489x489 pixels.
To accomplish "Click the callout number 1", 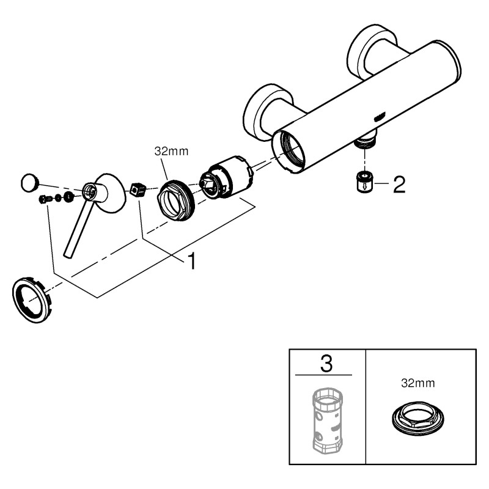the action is pyautogui.click(x=192, y=261).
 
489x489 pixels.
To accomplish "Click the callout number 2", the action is pyautogui.click(x=399, y=185).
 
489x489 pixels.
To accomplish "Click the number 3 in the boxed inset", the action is pyautogui.click(x=326, y=363).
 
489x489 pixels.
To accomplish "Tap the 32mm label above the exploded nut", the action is pyautogui.click(x=172, y=151).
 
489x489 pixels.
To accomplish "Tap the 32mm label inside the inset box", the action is pyautogui.click(x=418, y=383).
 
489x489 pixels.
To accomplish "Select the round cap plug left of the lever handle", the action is pyautogui.click(x=29, y=183).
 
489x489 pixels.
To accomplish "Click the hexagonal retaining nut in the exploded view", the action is pyautogui.click(x=177, y=200).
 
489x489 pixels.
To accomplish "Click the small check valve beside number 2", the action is pyautogui.click(x=364, y=182).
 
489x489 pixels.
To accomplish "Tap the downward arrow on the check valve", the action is pyautogui.click(x=364, y=186).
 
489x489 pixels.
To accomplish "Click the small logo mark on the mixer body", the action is pyautogui.click(x=379, y=118).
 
